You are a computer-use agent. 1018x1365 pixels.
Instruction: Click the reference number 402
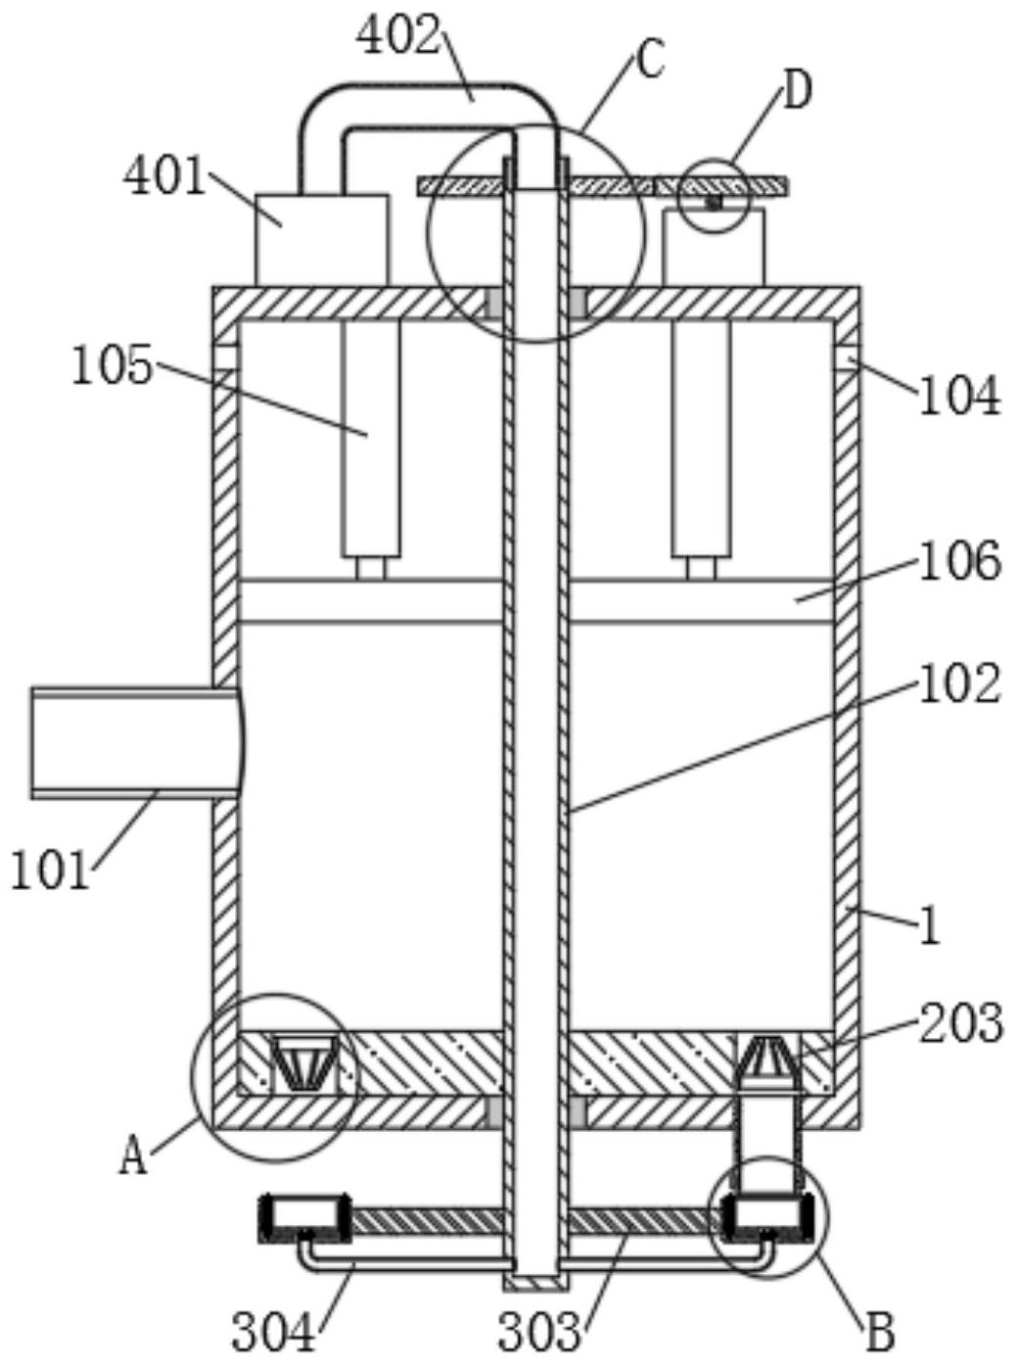[x=398, y=36]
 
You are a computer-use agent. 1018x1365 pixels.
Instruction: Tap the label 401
[x=164, y=176]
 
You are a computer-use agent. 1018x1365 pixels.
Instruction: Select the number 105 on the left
[x=112, y=365]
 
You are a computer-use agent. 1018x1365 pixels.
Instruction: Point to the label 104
[x=959, y=395]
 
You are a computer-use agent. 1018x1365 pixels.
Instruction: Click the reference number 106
[x=959, y=561]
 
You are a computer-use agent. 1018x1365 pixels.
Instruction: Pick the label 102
[x=959, y=683]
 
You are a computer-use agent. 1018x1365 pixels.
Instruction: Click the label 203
[x=961, y=1023]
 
